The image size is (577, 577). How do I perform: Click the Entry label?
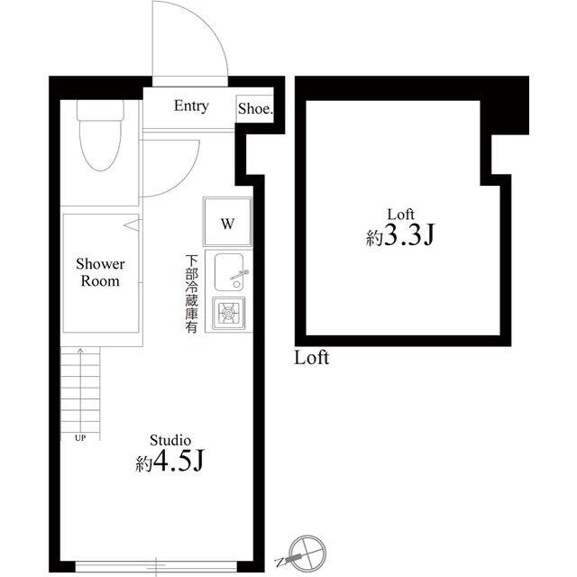pos(191,106)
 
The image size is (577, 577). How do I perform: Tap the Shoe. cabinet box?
pos(255,109)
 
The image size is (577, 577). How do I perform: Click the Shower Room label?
pos(100,273)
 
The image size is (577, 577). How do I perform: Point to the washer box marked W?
pos(228,223)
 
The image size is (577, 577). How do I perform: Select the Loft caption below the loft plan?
pos(312,358)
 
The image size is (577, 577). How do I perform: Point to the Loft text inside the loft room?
pos(400,214)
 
